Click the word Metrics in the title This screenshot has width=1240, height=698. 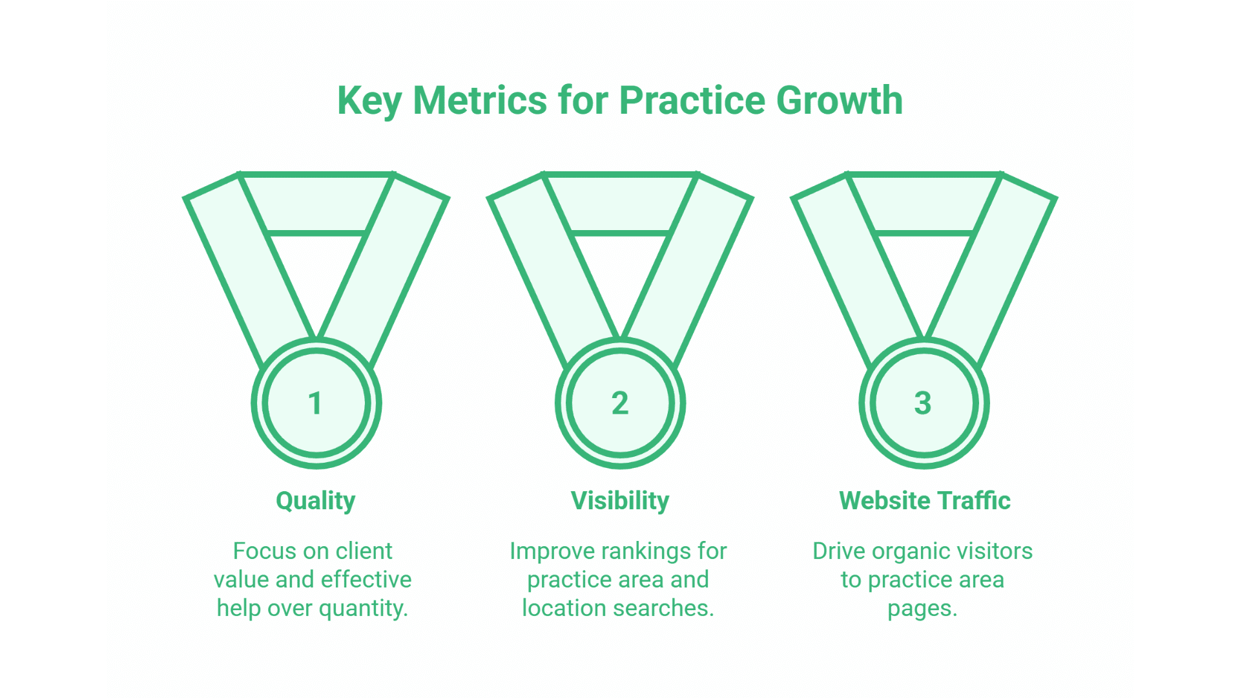point(479,101)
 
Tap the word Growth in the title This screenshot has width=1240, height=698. point(839,101)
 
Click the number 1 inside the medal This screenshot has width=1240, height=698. point(315,403)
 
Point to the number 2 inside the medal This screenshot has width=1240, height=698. point(620,403)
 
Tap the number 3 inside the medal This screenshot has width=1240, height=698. point(923,403)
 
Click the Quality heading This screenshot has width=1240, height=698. point(315,501)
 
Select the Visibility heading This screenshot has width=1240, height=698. point(620,501)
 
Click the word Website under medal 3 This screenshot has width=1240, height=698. point(883,501)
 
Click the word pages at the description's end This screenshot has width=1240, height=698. point(922,609)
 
